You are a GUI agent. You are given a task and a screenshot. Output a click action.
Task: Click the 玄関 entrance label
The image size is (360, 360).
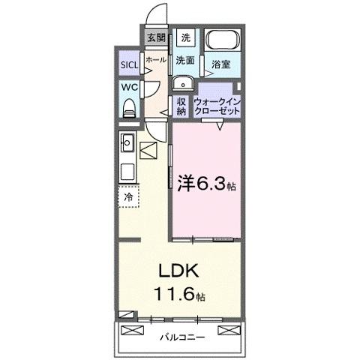coord(156,38)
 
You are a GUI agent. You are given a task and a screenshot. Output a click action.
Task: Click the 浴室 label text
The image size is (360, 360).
coord(219,64)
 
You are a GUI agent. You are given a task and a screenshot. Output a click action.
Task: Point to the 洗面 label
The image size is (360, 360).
coord(186,60)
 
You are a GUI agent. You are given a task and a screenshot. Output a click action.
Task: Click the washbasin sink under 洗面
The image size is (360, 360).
coord(182,82)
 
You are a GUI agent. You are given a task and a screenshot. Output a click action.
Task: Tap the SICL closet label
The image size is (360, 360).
coord(129,64)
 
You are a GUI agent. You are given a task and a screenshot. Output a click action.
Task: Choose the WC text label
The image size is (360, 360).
coord(128,86)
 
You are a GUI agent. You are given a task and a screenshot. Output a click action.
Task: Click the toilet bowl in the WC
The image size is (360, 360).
coord(128,107)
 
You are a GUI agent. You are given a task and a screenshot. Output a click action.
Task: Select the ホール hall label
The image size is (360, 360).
coord(156,58)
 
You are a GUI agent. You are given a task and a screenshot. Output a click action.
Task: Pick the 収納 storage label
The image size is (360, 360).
coord(181,106)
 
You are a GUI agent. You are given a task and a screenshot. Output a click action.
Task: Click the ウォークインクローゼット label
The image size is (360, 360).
coord(217,106)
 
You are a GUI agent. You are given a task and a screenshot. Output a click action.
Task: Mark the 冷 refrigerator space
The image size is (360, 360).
coord(128,196)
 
